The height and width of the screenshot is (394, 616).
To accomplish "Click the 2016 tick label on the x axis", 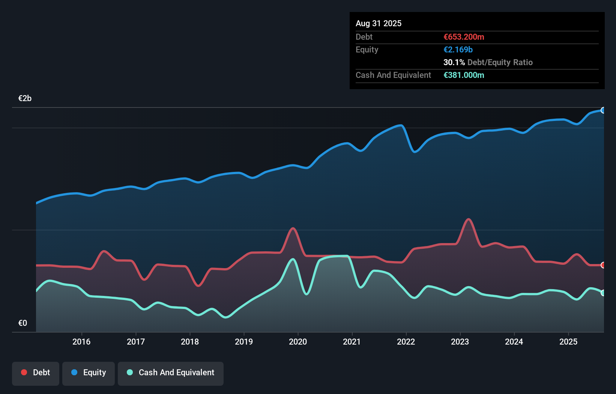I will coord(81,342).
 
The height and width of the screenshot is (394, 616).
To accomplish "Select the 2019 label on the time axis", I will coord(244,342).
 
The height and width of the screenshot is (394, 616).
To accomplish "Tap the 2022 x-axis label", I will coord(406,342).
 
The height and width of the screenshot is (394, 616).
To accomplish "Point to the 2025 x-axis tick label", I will coord(568,342).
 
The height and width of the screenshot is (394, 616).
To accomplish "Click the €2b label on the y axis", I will coord(25,98).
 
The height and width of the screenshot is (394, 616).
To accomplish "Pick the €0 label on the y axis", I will coord(23,323).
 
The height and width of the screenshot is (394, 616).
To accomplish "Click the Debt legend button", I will coord(36,373).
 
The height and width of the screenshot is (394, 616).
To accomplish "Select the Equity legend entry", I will coord(89,373).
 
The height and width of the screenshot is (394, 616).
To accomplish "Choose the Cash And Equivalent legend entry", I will coord(171,373).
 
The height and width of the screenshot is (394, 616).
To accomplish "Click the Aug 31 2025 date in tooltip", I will coord(379,23).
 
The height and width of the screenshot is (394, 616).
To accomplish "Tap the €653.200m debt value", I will coord(464,37).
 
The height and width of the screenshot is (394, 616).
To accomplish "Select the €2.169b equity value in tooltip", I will coord(458,49).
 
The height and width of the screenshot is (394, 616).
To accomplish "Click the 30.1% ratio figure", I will coord(454,62).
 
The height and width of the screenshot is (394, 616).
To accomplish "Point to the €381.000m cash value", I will coord(464,75).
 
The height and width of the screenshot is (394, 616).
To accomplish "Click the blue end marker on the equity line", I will coord(603,110).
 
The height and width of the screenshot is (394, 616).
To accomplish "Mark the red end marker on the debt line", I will coord(603,265).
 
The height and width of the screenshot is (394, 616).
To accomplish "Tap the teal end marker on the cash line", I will coord(603,293).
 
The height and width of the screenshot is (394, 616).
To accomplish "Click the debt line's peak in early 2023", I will coord(469,219).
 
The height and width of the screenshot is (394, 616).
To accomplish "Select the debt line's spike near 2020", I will coord(293,228).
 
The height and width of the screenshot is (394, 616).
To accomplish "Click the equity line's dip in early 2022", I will coord(415,152).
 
